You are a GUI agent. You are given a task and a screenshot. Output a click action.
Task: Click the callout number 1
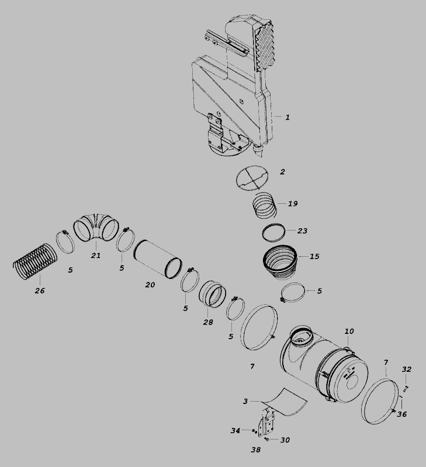click(x=288, y=117)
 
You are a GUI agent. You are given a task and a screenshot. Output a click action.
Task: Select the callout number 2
click(x=282, y=172)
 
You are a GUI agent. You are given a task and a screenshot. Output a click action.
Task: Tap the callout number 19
click(x=293, y=204)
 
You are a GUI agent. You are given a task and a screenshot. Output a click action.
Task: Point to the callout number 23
click(x=302, y=231)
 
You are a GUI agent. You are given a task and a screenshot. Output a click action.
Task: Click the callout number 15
click(x=314, y=256)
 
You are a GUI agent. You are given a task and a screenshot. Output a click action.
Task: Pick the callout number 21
click(x=96, y=256)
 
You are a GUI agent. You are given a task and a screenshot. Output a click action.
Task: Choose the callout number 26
click(x=40, y=291)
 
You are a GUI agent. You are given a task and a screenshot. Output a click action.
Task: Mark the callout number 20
click(x=150, y=285)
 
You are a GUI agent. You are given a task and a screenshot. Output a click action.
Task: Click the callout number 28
click(x=208, y=322)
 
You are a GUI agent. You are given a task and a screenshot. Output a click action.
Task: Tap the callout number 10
click(x=349, y=331)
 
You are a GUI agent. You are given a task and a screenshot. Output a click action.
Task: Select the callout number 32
click(x=406, y=370)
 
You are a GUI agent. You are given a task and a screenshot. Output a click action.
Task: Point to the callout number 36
click(x=402, y=414)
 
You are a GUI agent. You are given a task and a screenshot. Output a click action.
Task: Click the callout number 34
click(x=235, y=431)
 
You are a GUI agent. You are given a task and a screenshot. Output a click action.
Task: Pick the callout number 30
click(x=285, y=440)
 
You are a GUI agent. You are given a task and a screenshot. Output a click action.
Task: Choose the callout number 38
click(x=255, y=450)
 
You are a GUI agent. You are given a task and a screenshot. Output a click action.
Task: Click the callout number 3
click(x=245, y=402)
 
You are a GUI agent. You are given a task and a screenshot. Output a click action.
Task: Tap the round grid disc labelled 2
click(x=252, y=177)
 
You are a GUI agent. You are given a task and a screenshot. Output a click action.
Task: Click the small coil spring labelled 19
click(x=265, y=205)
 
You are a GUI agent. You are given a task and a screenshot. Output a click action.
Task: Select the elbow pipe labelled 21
click(x=96, y=226)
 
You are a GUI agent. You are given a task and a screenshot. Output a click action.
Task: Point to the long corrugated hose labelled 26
click(x=35, y=262)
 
